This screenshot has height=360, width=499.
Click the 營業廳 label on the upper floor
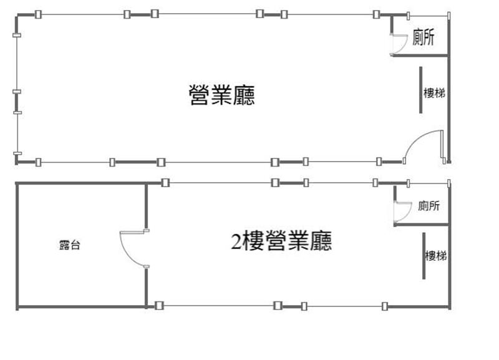(x=221, y=95)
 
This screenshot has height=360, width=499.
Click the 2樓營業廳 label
(x=281, y=241)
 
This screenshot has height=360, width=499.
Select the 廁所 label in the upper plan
(x=424, y=38)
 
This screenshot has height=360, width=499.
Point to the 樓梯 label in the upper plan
(x=434, y=93)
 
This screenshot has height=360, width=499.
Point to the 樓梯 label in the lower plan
(x=435, y=255)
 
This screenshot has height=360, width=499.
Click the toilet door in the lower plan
(x=400, y=212)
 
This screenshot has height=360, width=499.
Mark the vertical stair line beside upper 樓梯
(x=421, y=90)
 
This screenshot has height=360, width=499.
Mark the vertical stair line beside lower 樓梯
(x=424, y=256)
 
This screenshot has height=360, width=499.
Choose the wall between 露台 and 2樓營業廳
(x=147, y=206)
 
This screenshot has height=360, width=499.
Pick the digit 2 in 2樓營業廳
(x=236, y=241)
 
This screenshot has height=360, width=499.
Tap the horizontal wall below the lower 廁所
(x=422, y=224)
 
